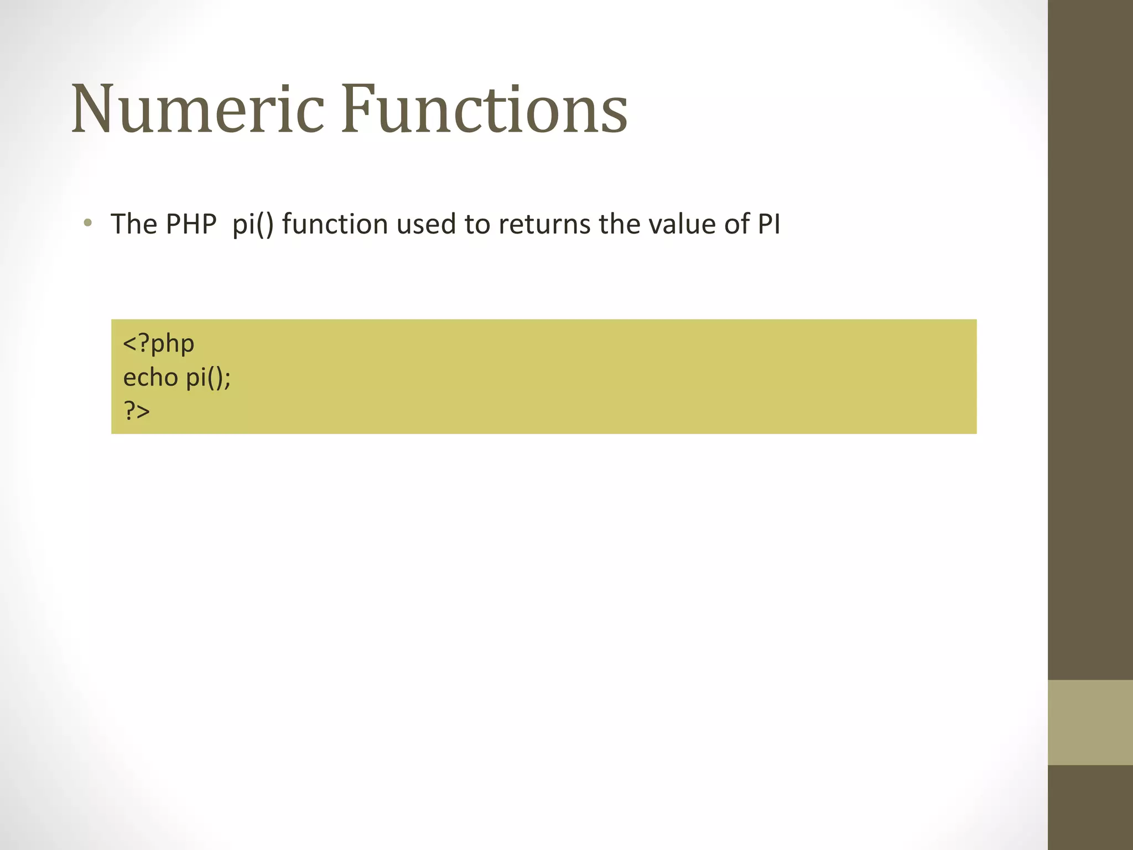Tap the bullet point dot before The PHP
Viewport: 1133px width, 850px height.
[87, 224]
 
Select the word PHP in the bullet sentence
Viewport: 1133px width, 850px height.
[191, 224]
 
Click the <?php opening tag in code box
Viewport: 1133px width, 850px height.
[159, 344]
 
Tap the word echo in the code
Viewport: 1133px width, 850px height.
[150, 378]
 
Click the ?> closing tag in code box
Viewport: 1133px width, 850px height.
[137, 411]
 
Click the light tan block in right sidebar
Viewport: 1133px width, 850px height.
[1090, 722]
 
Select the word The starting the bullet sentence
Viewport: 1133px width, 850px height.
[134, 224]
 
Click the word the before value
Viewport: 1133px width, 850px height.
[620, 224]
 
